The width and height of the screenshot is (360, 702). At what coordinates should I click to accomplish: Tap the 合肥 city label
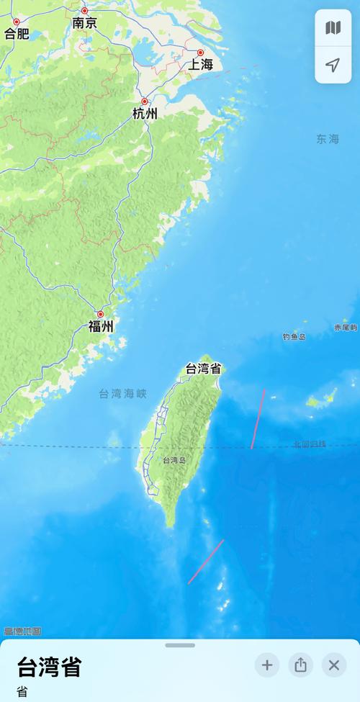pos(17,33)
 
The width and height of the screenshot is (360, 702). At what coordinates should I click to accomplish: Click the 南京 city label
pos(84,23)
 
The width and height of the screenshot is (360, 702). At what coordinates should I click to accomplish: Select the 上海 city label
pos(202,65)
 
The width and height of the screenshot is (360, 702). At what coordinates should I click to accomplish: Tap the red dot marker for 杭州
pos(145,102)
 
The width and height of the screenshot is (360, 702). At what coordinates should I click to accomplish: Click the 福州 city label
pos(101,327)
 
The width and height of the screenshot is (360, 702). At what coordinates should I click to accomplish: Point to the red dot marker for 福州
pos(101,314)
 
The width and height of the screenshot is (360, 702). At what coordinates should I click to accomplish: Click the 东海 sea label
pos(327,139)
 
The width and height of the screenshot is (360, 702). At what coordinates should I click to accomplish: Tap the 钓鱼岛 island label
pos(294,336)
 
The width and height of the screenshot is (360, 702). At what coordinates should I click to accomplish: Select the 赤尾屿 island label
pos(346,328)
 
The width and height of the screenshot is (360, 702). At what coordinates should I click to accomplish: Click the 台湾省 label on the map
pos(204,369)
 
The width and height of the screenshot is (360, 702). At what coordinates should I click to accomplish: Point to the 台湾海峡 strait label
pos(122,394)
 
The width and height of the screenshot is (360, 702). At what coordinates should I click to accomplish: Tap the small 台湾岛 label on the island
pos(174,460)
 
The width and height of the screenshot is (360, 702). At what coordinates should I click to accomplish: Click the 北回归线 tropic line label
pos(310,444)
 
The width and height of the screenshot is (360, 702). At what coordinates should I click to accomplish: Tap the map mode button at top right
pos(333,28)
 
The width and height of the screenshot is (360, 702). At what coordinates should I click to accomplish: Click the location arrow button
pos(333,66)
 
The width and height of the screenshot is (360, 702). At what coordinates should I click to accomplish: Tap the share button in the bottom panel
pos(300,665)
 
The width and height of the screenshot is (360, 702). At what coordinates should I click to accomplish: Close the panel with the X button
pos(333,665)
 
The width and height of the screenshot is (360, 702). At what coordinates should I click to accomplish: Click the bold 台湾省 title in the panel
pos(49,667)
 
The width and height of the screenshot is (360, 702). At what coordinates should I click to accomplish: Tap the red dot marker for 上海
pos(201,53)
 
